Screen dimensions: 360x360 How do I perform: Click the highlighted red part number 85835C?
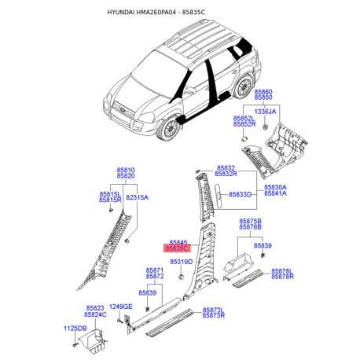tap(176, 247)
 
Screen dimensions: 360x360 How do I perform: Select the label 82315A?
tap(137, 197)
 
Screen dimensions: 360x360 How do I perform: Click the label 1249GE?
tap(121, 306)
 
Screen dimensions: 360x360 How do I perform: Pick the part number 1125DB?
tap(75, 328)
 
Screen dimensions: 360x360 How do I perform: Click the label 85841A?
tap(275, 193)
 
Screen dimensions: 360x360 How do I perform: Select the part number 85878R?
tap(282, 277)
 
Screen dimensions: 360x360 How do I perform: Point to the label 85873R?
tap(213, 315)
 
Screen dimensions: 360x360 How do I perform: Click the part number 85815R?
tap(110, 200)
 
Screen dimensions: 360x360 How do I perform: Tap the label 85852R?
tap(244, 124)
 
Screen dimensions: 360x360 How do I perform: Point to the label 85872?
tap(155, 277)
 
